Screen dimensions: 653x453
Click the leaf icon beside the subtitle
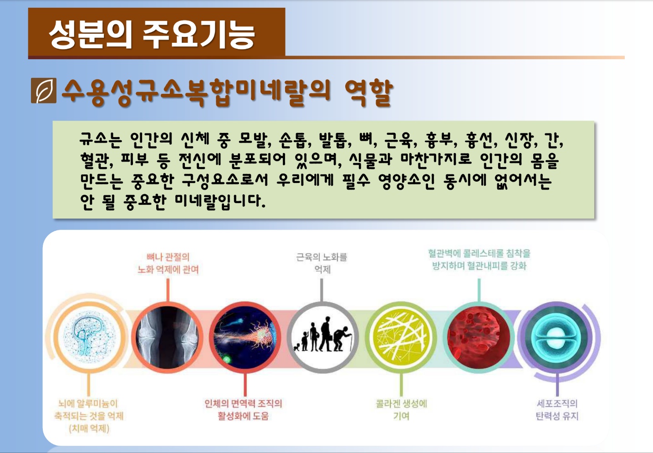pos(44,91)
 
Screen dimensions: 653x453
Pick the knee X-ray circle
pos(168,337)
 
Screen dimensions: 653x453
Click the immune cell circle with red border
pos(245,337)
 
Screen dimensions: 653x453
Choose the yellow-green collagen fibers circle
pos(401,337)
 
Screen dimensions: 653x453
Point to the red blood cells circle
pos(479,337)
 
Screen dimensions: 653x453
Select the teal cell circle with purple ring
pos(556,337)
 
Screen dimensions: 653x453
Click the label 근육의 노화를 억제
pos(322,263)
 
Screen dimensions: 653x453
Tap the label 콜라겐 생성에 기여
pos(402,410)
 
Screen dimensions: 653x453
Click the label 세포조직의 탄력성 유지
pos(557,410)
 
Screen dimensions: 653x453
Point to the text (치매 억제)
pos(89,428)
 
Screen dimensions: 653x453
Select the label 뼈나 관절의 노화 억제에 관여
pos(168,263)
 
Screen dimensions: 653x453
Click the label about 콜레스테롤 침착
pos(479,260)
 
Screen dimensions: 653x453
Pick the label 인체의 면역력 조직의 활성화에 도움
pos(244,410)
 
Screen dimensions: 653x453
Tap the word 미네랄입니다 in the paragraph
pos(220,201)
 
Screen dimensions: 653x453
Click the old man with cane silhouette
pos(343,339)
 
